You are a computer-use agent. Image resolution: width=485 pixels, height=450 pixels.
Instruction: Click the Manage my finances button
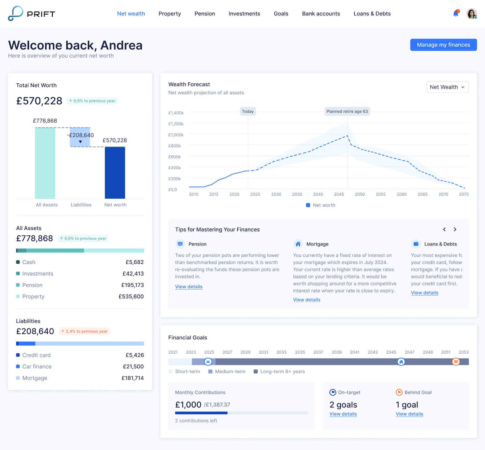[443, 45]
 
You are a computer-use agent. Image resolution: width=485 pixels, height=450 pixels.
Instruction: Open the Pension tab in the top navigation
[205, 14]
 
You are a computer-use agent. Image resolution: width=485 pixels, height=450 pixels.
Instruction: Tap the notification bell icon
[455, 14]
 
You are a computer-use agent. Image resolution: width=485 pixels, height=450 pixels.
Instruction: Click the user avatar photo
[471, 14]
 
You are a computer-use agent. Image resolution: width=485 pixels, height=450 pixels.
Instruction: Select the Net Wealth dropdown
[447, 87]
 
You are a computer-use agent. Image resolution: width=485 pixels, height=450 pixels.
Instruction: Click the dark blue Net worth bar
[115, 173]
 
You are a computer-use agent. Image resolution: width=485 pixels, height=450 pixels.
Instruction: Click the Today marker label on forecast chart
[248, 112]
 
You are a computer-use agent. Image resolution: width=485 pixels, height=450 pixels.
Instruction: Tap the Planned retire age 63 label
[347, 112]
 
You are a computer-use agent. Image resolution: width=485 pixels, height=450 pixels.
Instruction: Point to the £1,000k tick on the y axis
[176, 135]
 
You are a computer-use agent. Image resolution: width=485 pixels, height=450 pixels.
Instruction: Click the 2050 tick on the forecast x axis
[360, 194]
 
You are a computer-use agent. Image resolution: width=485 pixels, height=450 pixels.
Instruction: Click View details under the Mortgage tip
[306, 300]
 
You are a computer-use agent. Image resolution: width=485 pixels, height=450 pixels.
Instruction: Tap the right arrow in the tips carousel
[455, 229]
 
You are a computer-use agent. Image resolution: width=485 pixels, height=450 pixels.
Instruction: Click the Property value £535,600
[131, 296]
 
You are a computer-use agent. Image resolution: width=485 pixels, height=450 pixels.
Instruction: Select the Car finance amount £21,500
[133, 366]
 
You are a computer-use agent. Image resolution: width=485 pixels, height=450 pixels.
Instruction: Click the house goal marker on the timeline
[401, 362]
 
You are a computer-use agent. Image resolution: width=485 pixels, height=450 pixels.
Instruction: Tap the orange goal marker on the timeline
[456, 362]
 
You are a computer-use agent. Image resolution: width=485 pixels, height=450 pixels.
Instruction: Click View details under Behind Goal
[409, 414]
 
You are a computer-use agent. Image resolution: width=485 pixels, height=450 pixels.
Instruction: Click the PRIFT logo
[32, 14]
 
